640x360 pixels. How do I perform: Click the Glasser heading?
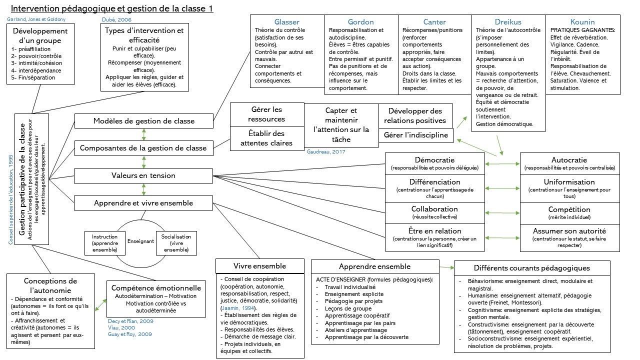[287, 22]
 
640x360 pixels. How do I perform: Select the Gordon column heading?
[360, 22]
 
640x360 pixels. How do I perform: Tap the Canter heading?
[434, 22]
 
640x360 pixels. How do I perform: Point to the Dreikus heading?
[507, 22]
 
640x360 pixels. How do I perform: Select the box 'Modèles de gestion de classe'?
[144, 121]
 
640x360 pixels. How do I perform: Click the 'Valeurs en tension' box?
[144, 175]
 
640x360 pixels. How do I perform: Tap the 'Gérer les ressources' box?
[266, 114]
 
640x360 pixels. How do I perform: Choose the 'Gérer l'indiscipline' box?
[416, 135]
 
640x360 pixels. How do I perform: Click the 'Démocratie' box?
[434, 163]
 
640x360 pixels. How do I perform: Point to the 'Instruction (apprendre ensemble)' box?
[104, 243]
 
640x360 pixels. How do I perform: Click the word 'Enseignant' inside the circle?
[140, 240]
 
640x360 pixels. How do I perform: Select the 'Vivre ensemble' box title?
[260, 266]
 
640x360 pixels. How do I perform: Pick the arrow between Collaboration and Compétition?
[502, 213]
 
